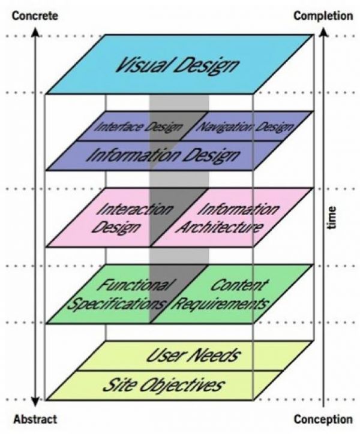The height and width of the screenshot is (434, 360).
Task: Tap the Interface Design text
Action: tap(139, 127)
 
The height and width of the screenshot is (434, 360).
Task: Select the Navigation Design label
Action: tap(245, 127)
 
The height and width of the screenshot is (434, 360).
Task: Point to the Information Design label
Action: tap(163, 155)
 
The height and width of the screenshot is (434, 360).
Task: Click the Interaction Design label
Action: tap(132, 218)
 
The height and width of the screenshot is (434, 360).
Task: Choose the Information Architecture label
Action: tap(228, 218)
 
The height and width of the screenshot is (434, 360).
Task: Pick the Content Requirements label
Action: tap(222, 295)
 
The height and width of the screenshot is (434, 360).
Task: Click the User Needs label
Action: tap(193, 355)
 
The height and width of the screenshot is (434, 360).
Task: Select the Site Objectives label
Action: tap(163, 385)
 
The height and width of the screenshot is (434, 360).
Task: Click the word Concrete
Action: tap(35, 16)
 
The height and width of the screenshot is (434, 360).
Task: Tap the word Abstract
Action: tap(35, 419)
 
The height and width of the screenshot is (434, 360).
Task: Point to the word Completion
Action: tap(323, 16)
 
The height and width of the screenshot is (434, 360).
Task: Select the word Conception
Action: tap(323, 419)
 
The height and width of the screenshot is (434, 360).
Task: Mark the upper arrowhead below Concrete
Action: tap(35, 32)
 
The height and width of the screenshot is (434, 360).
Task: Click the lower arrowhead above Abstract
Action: tap(35, 402)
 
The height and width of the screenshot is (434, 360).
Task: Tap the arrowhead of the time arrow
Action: tap(323, 32)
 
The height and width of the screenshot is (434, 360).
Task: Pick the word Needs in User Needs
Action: tap(215, 355)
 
